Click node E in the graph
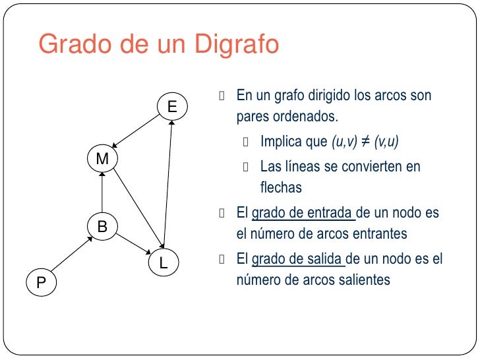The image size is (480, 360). pos(171,106)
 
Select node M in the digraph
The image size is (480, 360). pos(102,160)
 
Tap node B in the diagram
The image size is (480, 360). pos(102,227)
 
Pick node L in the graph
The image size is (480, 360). pos(164,263)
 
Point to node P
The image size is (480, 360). pos(41,283)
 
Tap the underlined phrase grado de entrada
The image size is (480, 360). pos(303,214)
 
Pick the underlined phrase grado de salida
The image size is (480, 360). pos(298,259)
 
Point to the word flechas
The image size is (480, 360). pos(281,188)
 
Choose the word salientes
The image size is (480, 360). pos(364,280)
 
